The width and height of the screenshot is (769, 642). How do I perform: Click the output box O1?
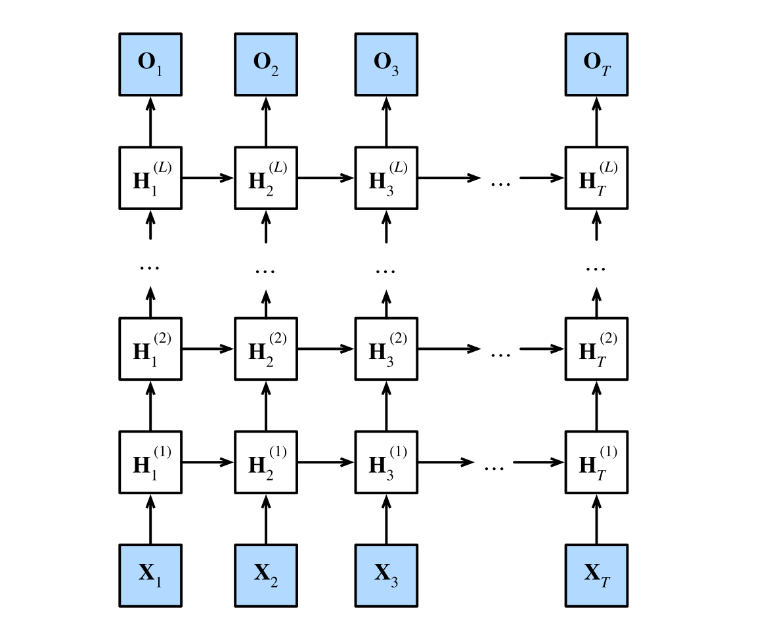(x=150, y=64)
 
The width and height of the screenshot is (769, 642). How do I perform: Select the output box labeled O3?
(x=386, y=64)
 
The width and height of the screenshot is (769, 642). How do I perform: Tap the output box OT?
(x=596, y=64)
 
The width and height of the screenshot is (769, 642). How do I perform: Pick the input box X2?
(x=266, y=575)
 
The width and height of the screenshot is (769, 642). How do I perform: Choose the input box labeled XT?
(x=596, y=575)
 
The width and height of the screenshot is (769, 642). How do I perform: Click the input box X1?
(x=150, y=575)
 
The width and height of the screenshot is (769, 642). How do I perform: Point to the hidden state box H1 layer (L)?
(x=150, y=178)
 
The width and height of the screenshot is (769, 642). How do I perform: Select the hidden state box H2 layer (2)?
(x=266, y=349)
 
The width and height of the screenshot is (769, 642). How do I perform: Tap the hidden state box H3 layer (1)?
(x=386, y=462)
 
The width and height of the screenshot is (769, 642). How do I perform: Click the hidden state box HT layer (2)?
(x=596, y=349)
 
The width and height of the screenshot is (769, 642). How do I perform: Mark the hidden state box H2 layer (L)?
(x=266, y=178)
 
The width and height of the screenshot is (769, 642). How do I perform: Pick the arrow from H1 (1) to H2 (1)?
(x=208, y=462)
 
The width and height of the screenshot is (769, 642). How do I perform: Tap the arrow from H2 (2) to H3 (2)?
(x=326, y=349)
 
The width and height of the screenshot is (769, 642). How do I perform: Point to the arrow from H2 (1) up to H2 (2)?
(x=266, y=406)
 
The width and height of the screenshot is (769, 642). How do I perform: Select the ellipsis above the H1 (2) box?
(x=150, y=267)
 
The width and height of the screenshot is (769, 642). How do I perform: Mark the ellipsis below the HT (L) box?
(x=596, y=267)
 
